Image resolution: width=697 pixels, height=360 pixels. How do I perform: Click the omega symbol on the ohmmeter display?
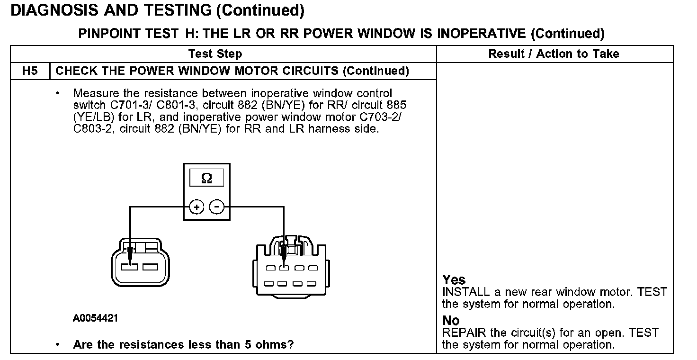pyautogui.click(x=206, y=179)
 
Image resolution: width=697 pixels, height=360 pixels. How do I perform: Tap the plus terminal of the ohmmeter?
pyautogui.click(x=197, y=207)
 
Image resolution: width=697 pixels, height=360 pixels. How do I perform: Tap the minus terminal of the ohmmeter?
pyautogui.click(x=216, y=207)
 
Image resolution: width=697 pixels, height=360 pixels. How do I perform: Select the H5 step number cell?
pyautogui.click(x=29, y=71)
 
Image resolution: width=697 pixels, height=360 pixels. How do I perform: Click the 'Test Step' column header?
pyautogui.click(x=215, y=54)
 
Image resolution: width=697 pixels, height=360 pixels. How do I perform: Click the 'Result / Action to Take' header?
pyautogui.click(x=554, y=54)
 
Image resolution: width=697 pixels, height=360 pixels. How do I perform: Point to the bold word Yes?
pyautogui.click(x=454, y=280)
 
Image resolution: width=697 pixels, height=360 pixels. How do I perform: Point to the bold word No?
pyautogui.click(x=451, y=321)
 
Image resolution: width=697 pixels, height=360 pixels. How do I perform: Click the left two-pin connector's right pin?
pyautogui.click(x=150, y=267)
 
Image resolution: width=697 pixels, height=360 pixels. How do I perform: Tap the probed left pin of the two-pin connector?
pyautogui.click(x=129, y=267)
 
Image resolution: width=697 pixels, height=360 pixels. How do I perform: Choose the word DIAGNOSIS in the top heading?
pyautogui.click(x=57, y=10)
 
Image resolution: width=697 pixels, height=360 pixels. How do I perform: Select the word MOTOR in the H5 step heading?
pyautogui.click(x=272, y=71)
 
